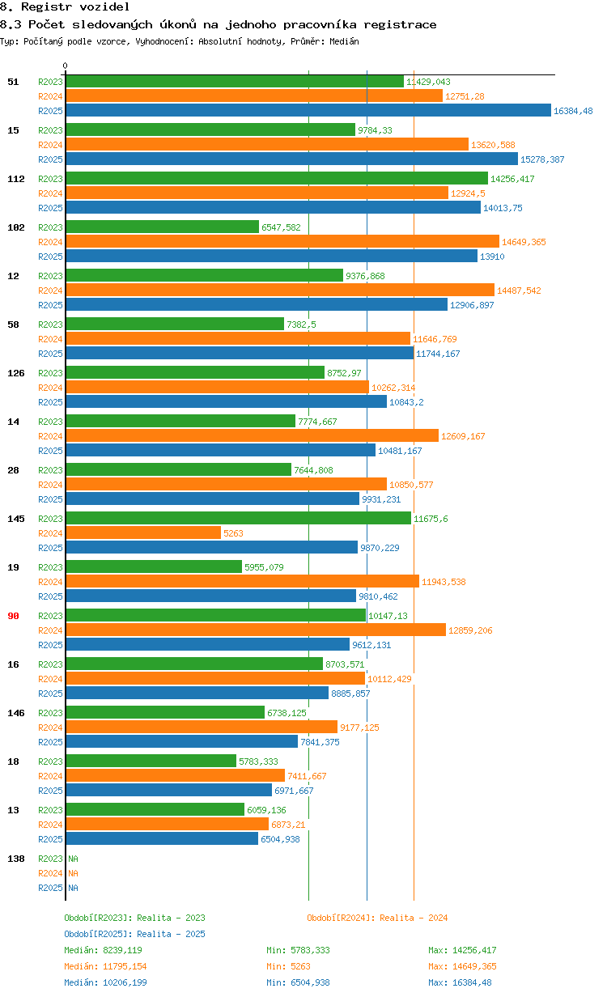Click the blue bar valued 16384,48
tap(308, 111)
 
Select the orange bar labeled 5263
tap(143, 532)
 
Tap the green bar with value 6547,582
tap(163, 227)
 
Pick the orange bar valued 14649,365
tap(282, 241)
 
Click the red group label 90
tap(13, 616)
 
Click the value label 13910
tap(493, 257)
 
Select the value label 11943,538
tap(444, 582)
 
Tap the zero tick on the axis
tap(66, 66)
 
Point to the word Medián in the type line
tap(343, 41)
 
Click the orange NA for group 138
tap(73, 873)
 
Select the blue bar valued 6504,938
tap(162, 839)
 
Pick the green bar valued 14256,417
tap(277, 178)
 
